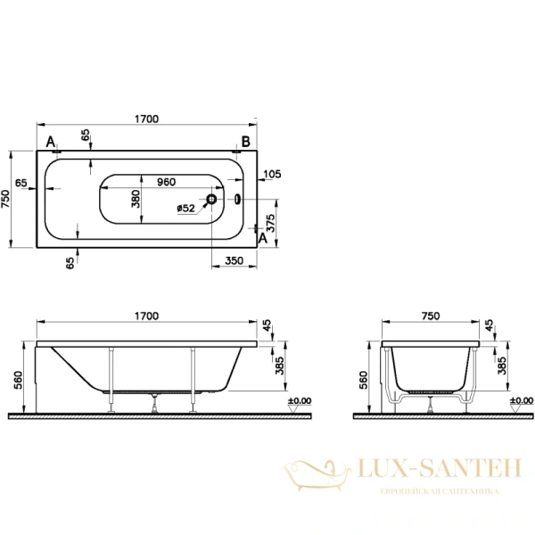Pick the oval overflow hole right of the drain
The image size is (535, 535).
(x=237, y=201)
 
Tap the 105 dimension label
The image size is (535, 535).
(x=272, y=174)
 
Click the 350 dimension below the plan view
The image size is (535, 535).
(x=235, y=260)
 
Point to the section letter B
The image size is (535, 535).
(x=243, y=142)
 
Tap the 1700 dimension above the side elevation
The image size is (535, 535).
(x=146, y=316)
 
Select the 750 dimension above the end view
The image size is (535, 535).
(x=431, y=316)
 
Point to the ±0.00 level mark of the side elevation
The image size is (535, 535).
(x=300, y=401)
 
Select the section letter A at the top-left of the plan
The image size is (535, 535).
(x=50, y=142)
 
